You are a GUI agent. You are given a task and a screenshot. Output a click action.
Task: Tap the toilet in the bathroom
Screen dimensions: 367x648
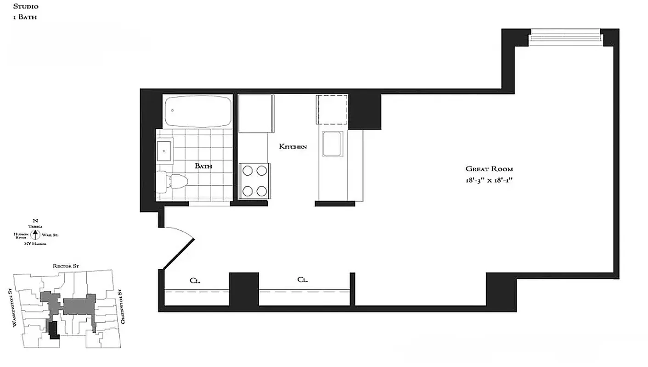pos(173,183)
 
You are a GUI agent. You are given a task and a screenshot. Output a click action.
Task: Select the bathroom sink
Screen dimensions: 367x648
pos(164,150)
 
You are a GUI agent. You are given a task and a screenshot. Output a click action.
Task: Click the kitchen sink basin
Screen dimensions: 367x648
pos(332,144)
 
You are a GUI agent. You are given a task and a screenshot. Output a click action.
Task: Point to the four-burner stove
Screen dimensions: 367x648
pos(254,181)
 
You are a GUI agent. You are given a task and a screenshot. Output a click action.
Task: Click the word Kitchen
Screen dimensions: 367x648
pos(293,147)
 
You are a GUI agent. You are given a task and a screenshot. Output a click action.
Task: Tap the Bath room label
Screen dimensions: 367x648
pos(203,166)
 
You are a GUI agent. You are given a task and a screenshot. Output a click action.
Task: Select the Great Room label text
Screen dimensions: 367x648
pos(489,169)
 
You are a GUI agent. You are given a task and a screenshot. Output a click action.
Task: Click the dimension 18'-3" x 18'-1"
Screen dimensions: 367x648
pos(489,180)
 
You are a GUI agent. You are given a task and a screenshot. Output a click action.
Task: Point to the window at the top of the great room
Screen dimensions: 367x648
pos(565,38)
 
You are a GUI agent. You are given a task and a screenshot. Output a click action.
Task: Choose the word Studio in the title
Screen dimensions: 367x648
pos(25,6)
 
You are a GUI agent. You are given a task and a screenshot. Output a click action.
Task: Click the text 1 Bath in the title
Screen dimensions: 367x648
pos(25,17)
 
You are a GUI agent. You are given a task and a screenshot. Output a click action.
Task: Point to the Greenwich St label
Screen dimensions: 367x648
pos(122,307)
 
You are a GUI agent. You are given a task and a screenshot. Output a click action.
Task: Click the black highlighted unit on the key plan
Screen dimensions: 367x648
pos(54,330)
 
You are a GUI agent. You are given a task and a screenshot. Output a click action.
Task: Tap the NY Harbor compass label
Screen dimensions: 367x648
pos(35,244)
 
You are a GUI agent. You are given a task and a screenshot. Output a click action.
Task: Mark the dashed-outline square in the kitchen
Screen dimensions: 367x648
pos(332,109)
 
